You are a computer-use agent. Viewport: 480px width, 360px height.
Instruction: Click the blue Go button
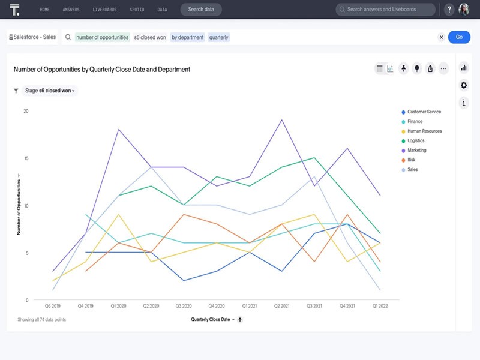[x=459, y=37]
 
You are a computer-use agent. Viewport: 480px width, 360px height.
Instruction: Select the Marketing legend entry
[x=416, y=151]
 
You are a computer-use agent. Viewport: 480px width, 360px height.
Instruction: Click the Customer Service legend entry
[x=424, y=112]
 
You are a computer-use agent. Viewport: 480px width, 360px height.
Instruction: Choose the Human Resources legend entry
[x=424, y=131]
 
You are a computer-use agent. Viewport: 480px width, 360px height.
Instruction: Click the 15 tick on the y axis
[x=26, y=158]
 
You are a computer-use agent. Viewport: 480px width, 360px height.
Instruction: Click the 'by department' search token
[x=188, y=37]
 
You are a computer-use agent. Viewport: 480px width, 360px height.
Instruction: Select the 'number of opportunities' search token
[x=103, y=37]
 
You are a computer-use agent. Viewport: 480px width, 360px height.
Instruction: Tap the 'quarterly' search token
[x=219, y=37]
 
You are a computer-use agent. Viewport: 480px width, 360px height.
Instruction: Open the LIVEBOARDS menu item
[x=105, y=10]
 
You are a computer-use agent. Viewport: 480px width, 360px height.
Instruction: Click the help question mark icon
[x=449, y=10]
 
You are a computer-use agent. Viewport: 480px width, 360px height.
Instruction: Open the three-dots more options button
[x=443, y=68]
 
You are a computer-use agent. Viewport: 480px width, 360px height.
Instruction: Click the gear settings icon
[x=464, y=85]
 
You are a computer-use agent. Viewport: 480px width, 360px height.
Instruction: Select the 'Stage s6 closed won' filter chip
[x=50, y=91]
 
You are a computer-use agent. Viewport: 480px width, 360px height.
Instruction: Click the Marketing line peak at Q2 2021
[x=281, y=120]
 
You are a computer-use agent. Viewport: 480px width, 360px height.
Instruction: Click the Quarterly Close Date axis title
[x=211, y=320]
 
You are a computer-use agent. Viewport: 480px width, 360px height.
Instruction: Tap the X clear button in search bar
[x=442, y=37]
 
